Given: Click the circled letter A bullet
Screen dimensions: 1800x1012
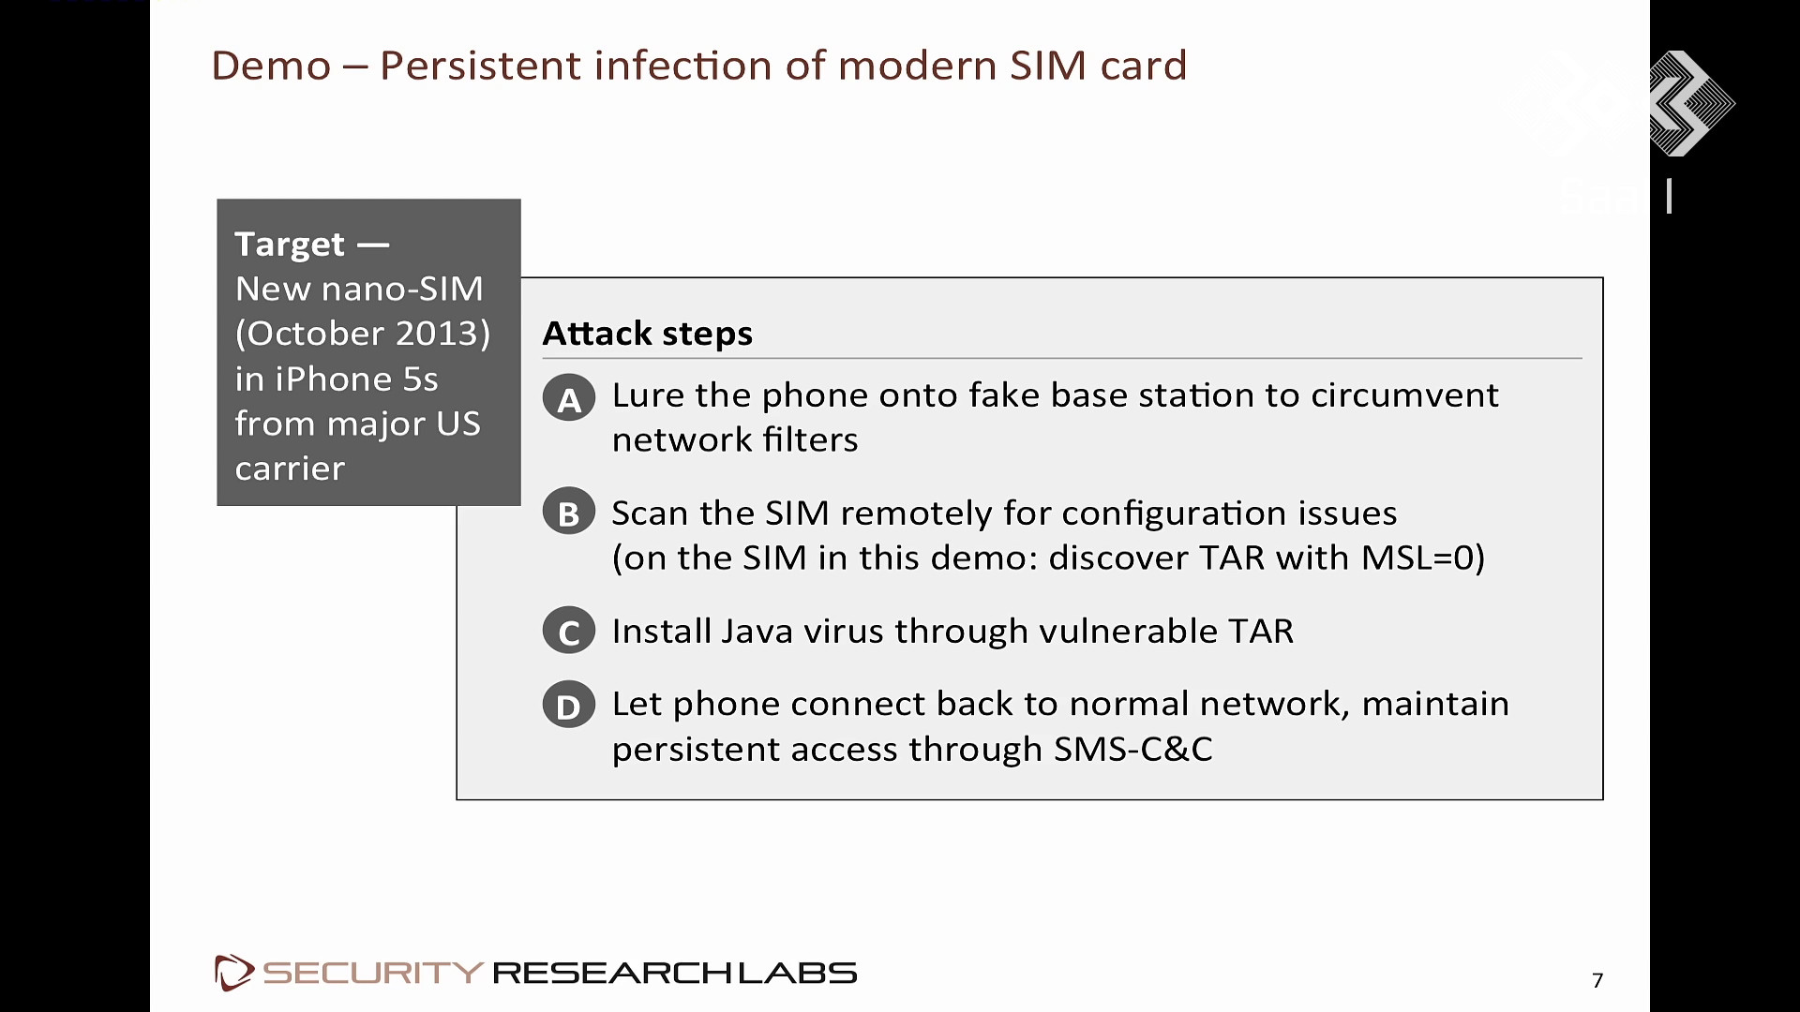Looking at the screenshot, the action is [568, 397].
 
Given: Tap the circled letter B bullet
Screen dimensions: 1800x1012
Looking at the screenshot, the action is [568, 512].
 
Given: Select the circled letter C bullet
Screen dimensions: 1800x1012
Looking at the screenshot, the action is [568, 631].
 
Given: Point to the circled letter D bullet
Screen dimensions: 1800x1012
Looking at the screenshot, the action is [568, 706].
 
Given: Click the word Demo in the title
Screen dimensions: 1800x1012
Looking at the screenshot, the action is [271, 66].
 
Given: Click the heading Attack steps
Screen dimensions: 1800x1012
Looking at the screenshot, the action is [648, 334].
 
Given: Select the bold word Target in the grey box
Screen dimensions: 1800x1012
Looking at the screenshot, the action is [290, 244].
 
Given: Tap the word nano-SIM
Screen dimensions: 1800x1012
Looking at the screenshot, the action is [402, 289].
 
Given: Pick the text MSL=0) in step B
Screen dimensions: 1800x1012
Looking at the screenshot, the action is [1422, 558].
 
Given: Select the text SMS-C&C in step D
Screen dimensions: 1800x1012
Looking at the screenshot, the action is [1132, 750].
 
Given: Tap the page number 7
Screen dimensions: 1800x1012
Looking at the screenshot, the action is [1597, 980].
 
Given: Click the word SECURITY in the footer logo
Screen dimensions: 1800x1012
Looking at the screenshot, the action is [373, 973].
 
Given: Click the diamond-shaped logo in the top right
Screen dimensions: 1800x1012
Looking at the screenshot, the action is [1690, 103].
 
